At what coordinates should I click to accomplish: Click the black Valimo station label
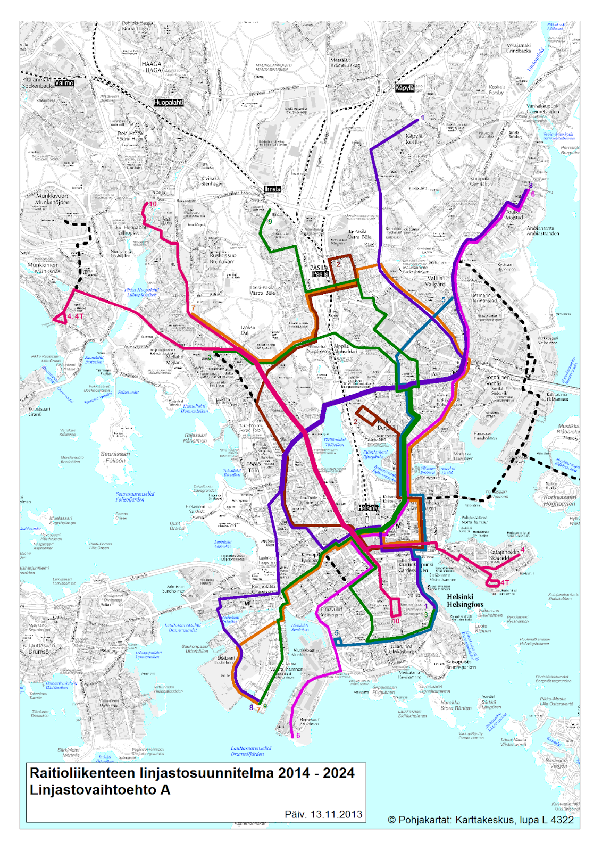coord(64,83)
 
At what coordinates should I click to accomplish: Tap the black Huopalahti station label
coord(169,102)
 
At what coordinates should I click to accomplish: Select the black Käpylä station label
coord(404,88)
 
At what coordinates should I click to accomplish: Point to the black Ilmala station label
coord(272,189)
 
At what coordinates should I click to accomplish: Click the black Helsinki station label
coord(368,508)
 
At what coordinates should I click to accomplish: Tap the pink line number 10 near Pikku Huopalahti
coord(153,204)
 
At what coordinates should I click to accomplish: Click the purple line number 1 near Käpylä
coord(423,118)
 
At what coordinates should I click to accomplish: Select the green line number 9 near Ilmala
coord(270,222)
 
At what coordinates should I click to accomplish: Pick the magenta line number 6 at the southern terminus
coord(298,736)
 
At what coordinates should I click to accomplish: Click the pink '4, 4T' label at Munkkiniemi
coord(76,316)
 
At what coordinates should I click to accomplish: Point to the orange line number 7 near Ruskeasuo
coord(193,308)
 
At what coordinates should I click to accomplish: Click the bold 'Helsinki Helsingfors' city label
coord(465,600)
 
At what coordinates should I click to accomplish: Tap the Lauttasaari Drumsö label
coord(41,648)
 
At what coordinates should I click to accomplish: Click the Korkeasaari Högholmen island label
coord(559,500)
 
